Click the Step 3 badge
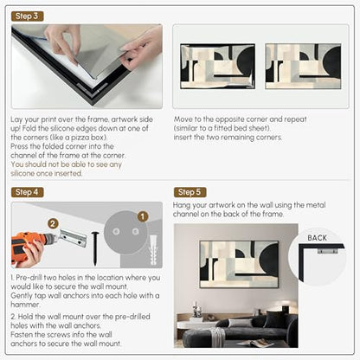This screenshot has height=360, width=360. tap(28, 16)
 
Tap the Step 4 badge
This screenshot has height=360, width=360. tap(28, 192)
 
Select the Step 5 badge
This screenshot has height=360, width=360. tap(190, 192)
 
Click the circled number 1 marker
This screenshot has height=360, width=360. tap(143, 216)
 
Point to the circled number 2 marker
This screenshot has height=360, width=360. tap(53, 223)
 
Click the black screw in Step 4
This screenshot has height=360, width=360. tap(95, 248)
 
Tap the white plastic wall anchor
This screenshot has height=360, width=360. tap(153, 250)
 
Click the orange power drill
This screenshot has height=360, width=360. tap(32, 247)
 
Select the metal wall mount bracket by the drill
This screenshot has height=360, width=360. tap(73, 238)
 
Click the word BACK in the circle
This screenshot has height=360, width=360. tap(317, 238)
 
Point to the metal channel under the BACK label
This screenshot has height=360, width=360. tap(327, 251)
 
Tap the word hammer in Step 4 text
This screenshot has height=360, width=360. tap(25, 305)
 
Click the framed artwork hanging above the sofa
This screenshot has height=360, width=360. tap(239, 264)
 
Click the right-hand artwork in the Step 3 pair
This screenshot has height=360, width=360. tap(303, 66)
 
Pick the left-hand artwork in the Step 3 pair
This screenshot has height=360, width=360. tap(217, 66)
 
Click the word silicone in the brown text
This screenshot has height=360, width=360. tap(22, 173)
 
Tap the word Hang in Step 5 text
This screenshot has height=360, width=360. tap(182, 205)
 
